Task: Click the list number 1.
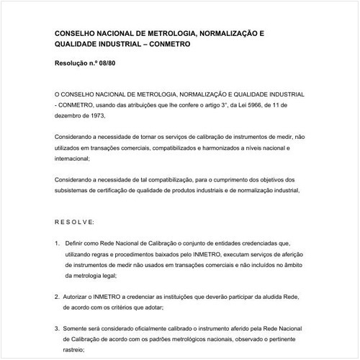click(57, 243)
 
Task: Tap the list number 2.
click(57, 297)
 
